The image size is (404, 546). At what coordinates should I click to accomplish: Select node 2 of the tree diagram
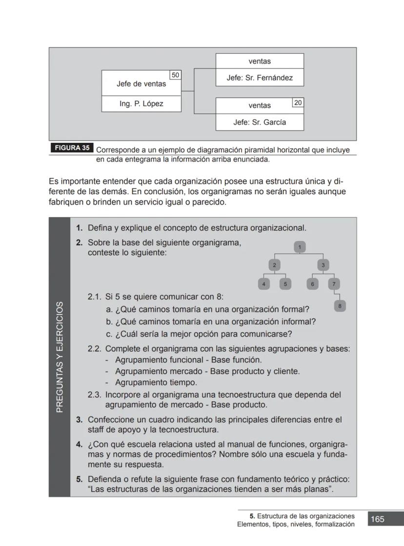pyautogui.click(x=274, y=265)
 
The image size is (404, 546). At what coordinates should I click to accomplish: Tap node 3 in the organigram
pyautogui.click(x=323, y=265)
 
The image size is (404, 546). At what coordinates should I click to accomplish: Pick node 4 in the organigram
pyautogui.click(x=263, y=283)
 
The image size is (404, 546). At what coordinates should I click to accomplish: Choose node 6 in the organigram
pyautogui.click(x=312, y=283)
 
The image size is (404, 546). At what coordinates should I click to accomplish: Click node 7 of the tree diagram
pyautogui.click(x=334, y=283)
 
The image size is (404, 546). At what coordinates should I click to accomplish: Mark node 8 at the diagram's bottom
pyautogui.click(x=340, y=306)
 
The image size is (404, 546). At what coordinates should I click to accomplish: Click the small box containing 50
pyautogui.click(x=176, y=75)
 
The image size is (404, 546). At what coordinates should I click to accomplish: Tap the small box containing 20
pyautogui.click(x=298, y=102)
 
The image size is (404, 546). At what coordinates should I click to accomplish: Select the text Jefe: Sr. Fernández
pyautogui.click(x=260, y=78)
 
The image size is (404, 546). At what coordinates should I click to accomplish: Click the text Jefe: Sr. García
pyautogui.click(x=260, y=122)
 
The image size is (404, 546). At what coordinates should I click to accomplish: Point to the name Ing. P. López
pyautogui.click(x=141, y=104)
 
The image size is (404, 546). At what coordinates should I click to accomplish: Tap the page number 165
pyautogui.click(x=377, y=519)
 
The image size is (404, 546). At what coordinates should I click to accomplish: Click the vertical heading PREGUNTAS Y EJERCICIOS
pyautogui.click(x=60, y=357)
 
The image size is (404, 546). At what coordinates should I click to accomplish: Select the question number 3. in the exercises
pyautogui.click(x=79, y=420)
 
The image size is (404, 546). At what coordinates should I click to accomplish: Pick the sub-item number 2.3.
pyautogui.click(x=94, y=395)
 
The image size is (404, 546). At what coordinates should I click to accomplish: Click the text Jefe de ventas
pyautogui.click(x=141, y=84)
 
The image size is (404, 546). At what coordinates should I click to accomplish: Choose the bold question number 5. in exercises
pyautogui.click(x=79, y=479)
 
